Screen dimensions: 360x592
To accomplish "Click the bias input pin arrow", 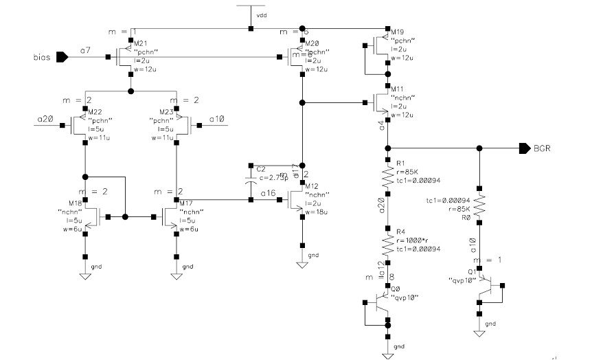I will tap(62, 57).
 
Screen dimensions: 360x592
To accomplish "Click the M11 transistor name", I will tap(396, 89).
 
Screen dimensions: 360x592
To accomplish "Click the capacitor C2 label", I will tap(260, 168).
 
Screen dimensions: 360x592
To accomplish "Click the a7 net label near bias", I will tap(84, 51).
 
